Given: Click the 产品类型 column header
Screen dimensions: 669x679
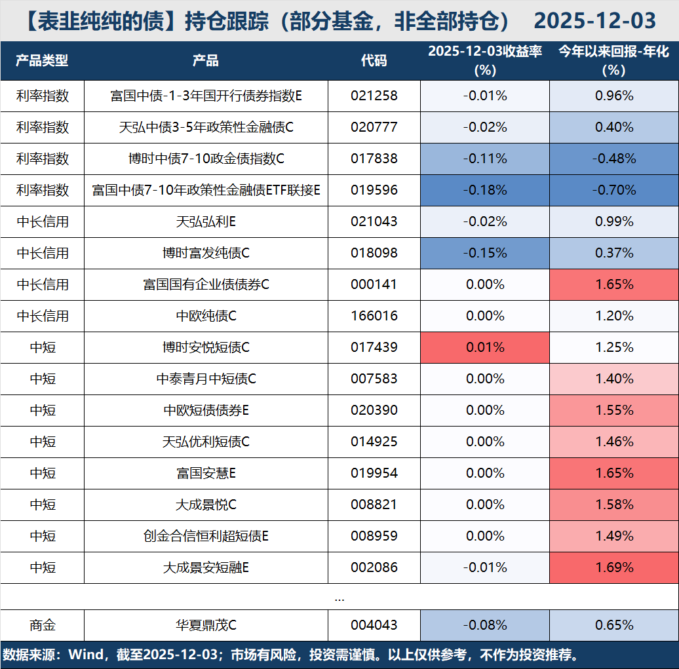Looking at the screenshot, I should click(x=42, y=61).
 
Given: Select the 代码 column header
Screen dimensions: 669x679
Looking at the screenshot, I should click(x=374, y=61).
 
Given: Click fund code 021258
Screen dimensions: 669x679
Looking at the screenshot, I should click(x=374, y=96).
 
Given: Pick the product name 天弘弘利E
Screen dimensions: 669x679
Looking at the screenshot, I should click(x=206, y=221).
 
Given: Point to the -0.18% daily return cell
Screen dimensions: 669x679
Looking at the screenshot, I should click(x=484, y=190).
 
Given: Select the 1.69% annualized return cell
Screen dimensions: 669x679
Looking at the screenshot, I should click(x=613, y=567).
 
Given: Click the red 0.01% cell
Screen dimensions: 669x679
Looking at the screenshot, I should click(x=484, y=347).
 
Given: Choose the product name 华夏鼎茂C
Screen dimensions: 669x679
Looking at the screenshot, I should click(x=206, y=625).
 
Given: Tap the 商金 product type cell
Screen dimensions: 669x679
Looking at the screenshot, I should click(x=42, y=625).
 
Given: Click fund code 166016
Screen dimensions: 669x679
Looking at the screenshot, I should click(x=374, y=316).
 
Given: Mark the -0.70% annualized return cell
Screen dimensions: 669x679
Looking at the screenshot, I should click(x=613, y=190).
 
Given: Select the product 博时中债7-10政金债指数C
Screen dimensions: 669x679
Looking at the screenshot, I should click(x=206, y=159).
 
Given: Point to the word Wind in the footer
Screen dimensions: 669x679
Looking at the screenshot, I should click(x=86, y=655).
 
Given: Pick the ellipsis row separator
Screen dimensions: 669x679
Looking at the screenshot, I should click(x=339, y=597).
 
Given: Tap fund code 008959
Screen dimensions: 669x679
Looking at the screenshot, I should click(x=374, y=536).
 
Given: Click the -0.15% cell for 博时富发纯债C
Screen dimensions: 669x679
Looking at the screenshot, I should click(x=484, y=253).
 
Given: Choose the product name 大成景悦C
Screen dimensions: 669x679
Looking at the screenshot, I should click(x=206, y=505).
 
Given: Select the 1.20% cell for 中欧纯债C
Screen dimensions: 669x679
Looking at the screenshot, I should click(x=613, y=316).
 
